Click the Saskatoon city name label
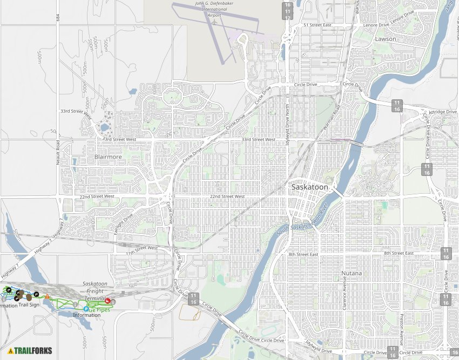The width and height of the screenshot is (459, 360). [309, 187]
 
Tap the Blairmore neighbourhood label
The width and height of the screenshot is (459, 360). [108, 157]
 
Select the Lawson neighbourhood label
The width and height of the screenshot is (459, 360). [385, 39]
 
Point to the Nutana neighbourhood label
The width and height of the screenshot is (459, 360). [352, 273]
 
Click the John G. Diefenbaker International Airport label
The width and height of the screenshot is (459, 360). [214, 9]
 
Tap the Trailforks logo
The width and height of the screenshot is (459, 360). [30, 350]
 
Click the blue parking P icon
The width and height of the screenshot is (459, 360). [86, 309]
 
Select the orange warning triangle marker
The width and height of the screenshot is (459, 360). [48, 296]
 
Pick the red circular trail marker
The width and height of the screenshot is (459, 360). [108, 301]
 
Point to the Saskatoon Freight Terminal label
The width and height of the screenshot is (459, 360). [95, 291]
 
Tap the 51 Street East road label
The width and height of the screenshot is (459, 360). [317, 25]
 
